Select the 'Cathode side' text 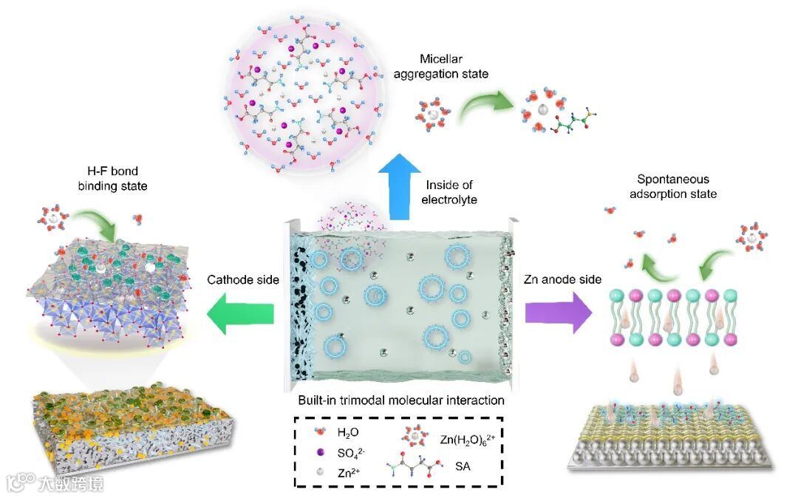[x=242, y=279]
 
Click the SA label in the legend [x=463, y=467]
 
